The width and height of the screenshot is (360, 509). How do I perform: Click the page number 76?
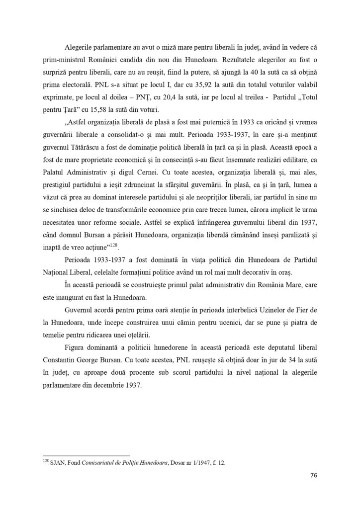click(312, 475)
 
